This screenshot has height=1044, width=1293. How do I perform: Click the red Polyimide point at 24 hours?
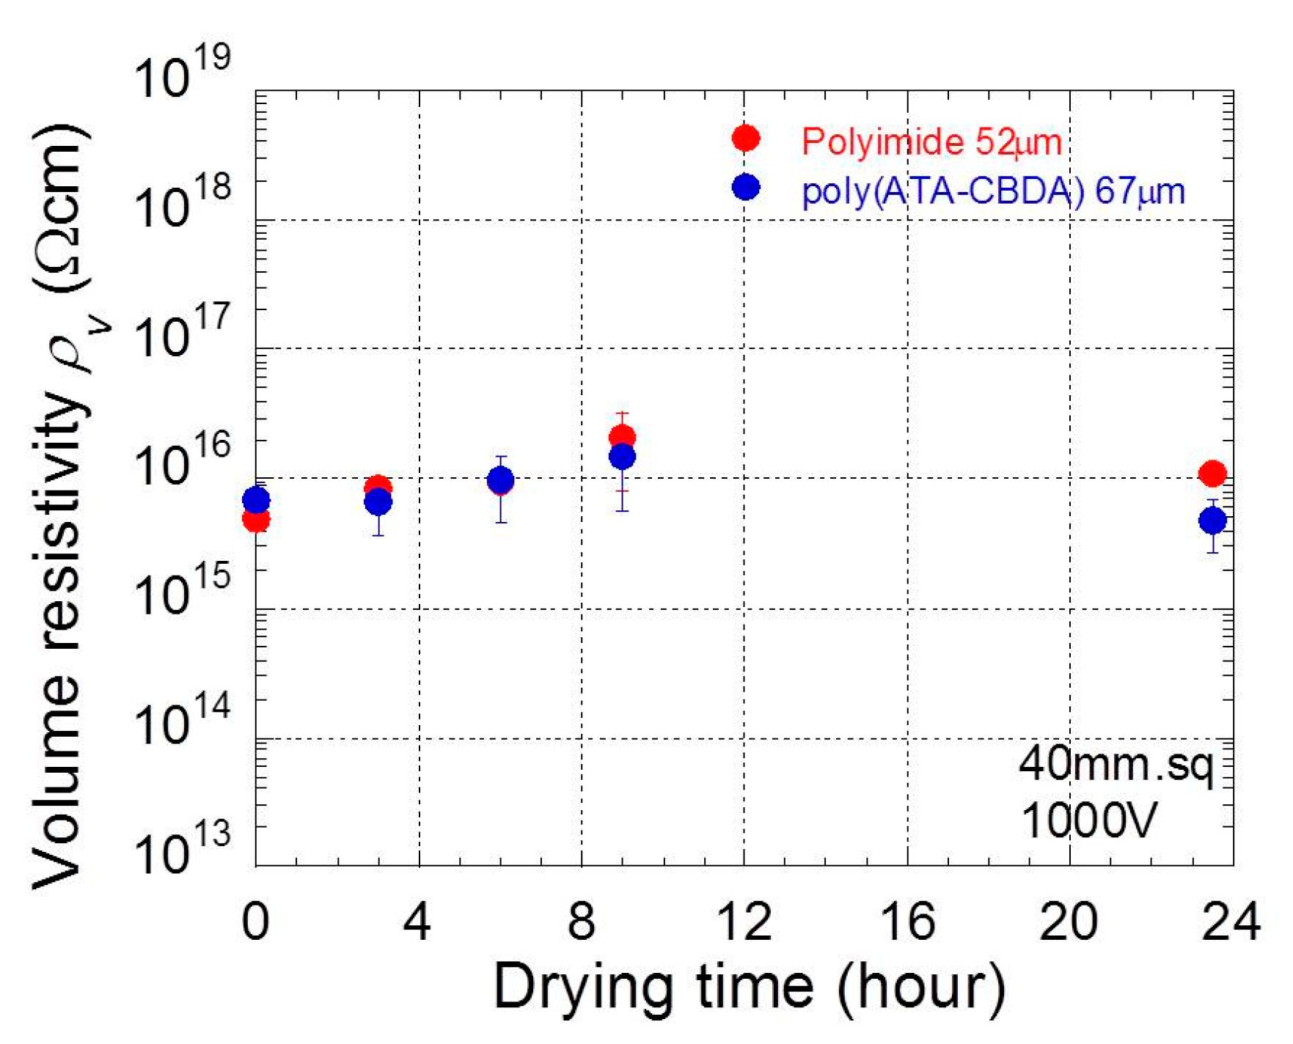tap(1212, 474)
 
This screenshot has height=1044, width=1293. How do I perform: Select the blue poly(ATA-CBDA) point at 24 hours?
tap(1212, 521)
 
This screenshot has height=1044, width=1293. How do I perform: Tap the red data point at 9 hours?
tap(622, 437)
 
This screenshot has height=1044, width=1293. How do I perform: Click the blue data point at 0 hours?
tap(256, 501)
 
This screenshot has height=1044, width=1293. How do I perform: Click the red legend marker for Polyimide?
tap(745, 138)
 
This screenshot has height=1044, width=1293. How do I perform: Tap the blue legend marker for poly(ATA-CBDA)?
tap(745, 187)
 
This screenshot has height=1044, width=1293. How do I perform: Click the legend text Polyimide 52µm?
tap(931, 141)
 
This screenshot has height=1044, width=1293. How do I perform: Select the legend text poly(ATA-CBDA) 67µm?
tap(993, 192)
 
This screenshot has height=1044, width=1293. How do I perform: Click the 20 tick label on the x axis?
tap(1069, 922)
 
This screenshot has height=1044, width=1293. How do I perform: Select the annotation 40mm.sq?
tap(1116, 765)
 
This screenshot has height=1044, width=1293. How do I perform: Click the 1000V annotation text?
tap(1088, 820)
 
